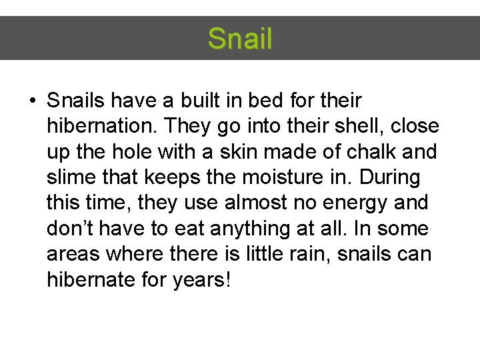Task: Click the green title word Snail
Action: click(240, 39)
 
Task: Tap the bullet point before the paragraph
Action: click(32, 102)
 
